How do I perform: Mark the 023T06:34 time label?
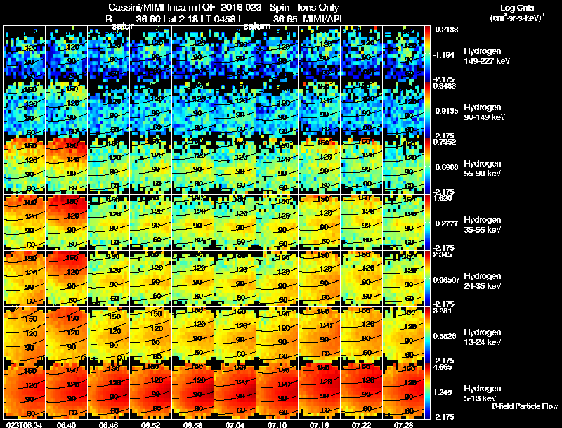tap(23, 424)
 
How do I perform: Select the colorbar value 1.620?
tap(442, 199)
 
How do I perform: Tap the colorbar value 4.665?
tap(442, 368)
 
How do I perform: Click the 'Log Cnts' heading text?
tap(509, 6)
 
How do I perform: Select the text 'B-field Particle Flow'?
tap(524, 406)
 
